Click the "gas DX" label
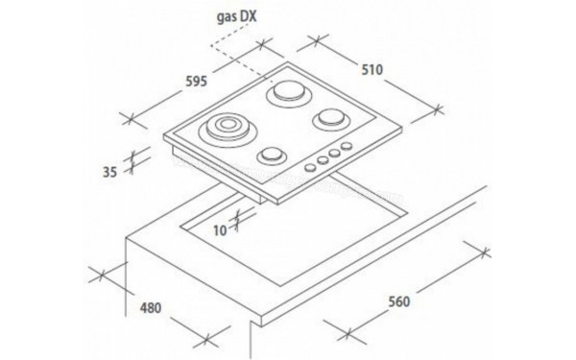(236, 17)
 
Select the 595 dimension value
(196, 81)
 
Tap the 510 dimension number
(372, 69)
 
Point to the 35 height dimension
(109, 172)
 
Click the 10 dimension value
(220, 230)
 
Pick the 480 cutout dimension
(151, 308)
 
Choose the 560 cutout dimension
(399, 301)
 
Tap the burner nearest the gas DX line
(289, 92)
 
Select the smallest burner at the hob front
(272, 156)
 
